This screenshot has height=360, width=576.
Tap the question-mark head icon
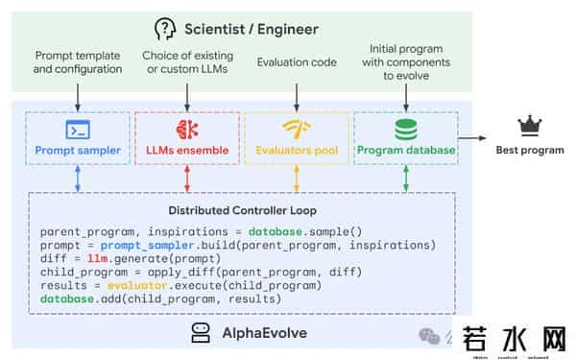166,29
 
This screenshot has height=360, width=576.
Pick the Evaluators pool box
297,137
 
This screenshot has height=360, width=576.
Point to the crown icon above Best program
529,125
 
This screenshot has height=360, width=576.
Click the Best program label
530,150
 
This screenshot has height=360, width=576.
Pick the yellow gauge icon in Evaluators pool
297,128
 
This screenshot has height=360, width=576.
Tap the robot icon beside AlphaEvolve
200,332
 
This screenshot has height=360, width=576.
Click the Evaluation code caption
297,62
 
